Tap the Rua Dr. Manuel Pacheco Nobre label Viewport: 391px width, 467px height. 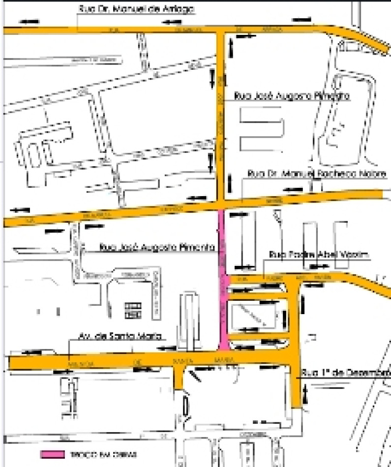(x=317, y=174)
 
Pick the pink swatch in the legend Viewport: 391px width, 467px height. (x=53, y=454)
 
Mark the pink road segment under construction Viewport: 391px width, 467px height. (x=222, y=275)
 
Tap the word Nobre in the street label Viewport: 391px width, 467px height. (x=374, y=174)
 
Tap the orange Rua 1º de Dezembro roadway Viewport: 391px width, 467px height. (x=297, y=344)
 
